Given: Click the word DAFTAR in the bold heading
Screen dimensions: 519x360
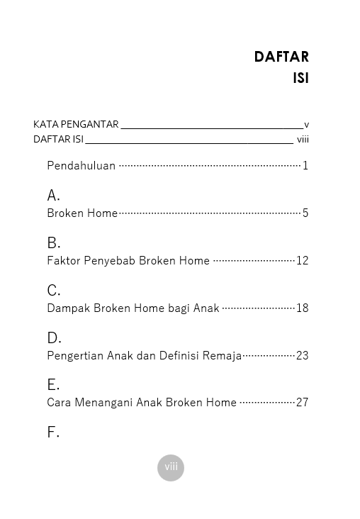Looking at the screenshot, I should click(x=281, y=57).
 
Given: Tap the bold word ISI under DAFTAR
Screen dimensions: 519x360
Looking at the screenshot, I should click(x=300, y=78).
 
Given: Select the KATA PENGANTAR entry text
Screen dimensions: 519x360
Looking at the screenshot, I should click(x=76, y=124).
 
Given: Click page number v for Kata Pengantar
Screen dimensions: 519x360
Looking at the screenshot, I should click(x=306, y=125).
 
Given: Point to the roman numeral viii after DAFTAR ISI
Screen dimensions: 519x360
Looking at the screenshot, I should click(x=303, y=139).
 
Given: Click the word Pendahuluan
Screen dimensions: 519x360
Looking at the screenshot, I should click(x=81, y=166).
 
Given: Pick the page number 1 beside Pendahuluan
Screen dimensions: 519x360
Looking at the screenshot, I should click(x=305, y=166).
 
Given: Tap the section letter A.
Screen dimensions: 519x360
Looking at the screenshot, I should click(x=53, y=195).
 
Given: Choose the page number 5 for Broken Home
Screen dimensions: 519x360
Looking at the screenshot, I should click(x=305, y=213).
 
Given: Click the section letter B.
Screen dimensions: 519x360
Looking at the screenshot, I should click(x=53, y=242).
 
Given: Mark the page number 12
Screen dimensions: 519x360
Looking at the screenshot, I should click(x=303, y=260).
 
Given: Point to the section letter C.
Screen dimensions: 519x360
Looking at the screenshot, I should click(x=53, y=290).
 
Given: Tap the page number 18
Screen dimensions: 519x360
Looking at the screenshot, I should click(x=303, y=308).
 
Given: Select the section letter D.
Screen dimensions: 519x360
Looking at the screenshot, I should click(x=54, y=337).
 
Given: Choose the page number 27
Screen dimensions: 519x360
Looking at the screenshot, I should click(x=303, y=402).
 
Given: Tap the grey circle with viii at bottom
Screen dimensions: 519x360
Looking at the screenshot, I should click(x=171, y=467).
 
